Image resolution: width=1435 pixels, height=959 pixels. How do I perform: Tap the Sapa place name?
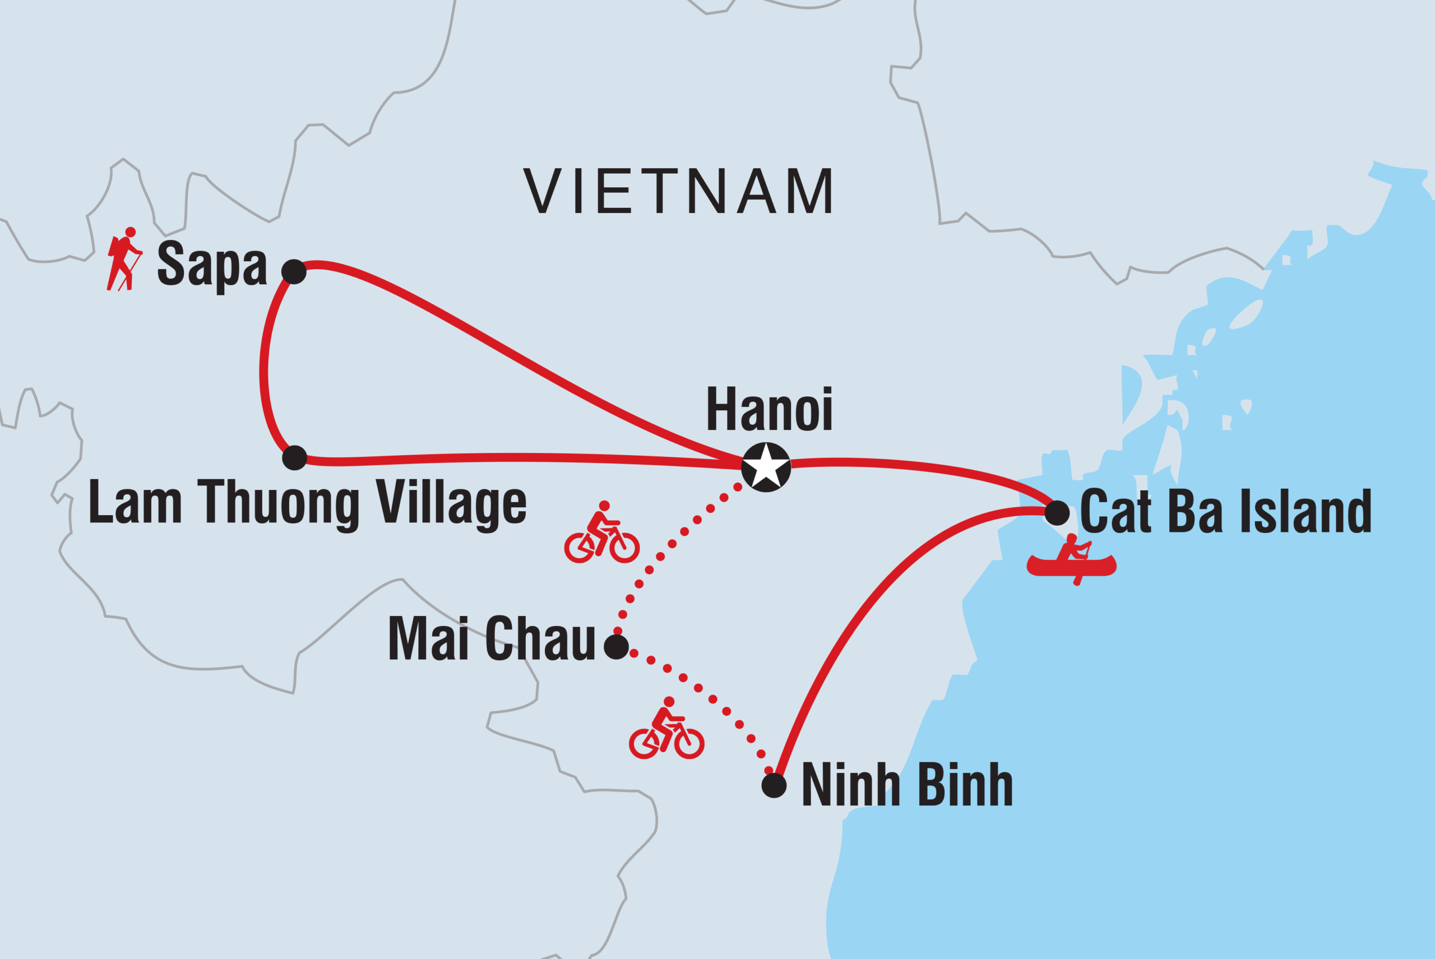pos(212,263)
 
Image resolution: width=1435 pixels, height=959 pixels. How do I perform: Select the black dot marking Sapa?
pos(294,271)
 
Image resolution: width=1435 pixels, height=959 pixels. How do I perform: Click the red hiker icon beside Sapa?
pos(124,260)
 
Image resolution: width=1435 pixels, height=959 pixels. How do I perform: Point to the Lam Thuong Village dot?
pos(294,457)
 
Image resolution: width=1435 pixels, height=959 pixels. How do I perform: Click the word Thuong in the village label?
pos(279,503)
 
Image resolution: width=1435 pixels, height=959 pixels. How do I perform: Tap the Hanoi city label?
pos(769,409)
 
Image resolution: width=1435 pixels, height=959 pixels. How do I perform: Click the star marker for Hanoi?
pos(766,467)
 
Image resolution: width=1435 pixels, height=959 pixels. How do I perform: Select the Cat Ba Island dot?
pos(1057,512)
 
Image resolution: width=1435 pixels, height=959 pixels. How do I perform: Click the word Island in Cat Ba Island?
pos(1307,511)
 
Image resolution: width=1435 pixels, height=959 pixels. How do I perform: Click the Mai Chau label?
pos(492,639)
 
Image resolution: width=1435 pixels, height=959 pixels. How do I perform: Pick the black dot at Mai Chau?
pos(616,646)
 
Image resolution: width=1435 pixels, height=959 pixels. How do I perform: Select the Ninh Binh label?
pos(906,785)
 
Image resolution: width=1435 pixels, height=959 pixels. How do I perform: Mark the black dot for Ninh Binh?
pos(774,785)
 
